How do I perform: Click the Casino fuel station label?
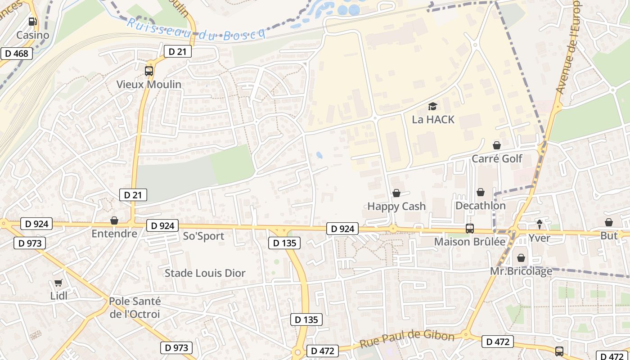pos(33,35)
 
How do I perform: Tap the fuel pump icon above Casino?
pos(33,22)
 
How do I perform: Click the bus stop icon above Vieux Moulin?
pos(149,71)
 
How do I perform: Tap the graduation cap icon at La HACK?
pos(432,107)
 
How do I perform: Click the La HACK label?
pos(433,120)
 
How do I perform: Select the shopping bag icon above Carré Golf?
pos(497,145)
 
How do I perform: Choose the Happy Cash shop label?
pos(396,207)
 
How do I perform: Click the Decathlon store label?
pos(481,206)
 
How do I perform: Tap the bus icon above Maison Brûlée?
pos(470,229)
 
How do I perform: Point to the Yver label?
pos(539,238)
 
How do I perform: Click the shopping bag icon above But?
pos(609,222)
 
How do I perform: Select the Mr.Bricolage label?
pos(521,272)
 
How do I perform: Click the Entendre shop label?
pos(114,234)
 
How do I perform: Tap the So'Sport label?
pos(203,236)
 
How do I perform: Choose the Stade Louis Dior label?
pos(205,273)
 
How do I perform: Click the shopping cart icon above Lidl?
pos(58,283)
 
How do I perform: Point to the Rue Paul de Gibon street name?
pos(407,339)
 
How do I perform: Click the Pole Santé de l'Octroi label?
pos(135,308)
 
